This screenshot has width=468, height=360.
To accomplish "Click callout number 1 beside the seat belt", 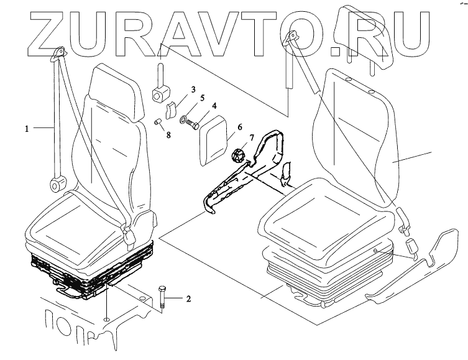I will pos(27,129).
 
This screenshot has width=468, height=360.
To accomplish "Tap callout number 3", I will pos(193,91).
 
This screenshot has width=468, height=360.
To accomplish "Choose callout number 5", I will pos(202,98).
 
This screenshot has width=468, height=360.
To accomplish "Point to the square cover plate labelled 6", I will pos(216,142).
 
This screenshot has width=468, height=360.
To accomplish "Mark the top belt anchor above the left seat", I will pos(60,53).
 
